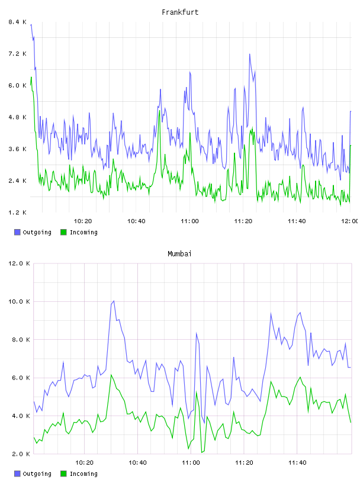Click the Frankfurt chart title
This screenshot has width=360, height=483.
pos(180,12)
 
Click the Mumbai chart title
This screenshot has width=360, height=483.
pos(179,254)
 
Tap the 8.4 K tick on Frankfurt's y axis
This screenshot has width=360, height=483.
pos(18,22)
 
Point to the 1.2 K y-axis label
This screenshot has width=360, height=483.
pos(18,212)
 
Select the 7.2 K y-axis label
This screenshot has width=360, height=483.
pos(18,54)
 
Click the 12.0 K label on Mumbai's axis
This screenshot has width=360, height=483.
pos(19,263)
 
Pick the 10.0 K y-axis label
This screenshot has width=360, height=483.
pos(19,301)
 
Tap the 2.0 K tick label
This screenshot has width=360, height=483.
pos(21,454)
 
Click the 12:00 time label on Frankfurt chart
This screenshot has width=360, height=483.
pos(350,221)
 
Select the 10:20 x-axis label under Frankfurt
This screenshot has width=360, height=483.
pos(83,221)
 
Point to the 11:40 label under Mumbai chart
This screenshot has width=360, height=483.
pos(297,462)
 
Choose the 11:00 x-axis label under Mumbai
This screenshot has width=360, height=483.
pos(191,462)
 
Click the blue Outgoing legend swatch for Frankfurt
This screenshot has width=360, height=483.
pos(17,232)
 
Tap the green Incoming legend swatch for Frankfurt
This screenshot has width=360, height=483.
pos(63,232)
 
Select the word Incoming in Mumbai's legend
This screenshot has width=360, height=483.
pos(83,474)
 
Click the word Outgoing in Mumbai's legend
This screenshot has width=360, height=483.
pos(37,474)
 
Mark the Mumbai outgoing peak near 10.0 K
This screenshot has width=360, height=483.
pos(114,301)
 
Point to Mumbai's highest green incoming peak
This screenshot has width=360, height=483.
pos(111,375)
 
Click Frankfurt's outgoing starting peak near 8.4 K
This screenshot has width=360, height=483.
pos(31,25)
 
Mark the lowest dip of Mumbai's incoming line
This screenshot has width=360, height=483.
pos(201,452)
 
